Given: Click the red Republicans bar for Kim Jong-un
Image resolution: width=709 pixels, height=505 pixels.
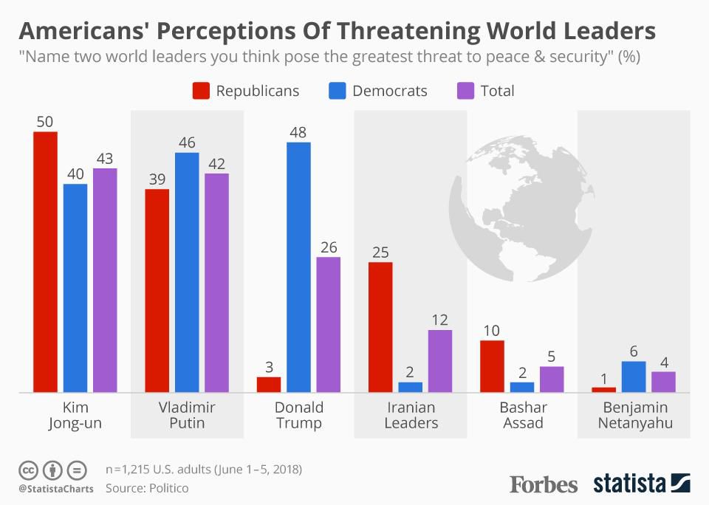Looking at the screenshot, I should click(x=45, y=261).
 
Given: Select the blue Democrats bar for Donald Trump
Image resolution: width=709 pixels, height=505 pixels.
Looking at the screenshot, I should click(x=298, y=267).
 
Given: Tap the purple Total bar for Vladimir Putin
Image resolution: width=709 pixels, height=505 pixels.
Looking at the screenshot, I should click(x=216, y=282).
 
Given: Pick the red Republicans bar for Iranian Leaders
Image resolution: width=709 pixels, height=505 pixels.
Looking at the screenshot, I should click(x=380, y=326).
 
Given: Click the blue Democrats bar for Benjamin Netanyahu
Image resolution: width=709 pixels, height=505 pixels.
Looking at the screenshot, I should click(x=634, y=377).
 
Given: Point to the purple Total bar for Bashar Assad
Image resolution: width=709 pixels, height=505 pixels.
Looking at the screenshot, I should click(x=552, y=379).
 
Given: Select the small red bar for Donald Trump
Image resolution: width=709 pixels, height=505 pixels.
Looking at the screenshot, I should click(x=269, y=384).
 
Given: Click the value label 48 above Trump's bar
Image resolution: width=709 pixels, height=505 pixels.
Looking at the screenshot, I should click(x=298, y=133).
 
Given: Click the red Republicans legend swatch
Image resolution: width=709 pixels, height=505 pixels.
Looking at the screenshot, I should click(x=201, y=91).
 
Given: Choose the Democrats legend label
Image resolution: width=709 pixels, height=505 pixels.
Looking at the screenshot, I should click(x=389, y=91).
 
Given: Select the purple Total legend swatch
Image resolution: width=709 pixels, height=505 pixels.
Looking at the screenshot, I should click(x=465, y=91).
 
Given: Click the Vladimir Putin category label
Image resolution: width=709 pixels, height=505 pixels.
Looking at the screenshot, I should click(x=187, y=415).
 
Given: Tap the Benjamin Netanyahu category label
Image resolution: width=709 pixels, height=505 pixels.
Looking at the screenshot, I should click(x=634, y=415).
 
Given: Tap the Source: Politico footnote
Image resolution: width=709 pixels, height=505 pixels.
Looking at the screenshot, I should click(x=147, y=488).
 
